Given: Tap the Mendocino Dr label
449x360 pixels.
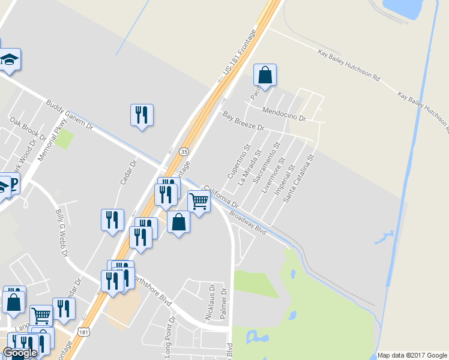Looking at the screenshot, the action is tap(285, 113).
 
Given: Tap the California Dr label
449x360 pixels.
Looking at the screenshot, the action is tap(221, 196).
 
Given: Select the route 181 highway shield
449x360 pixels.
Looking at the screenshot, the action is tap(84, 332).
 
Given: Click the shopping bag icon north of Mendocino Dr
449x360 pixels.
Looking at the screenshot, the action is tap(265, 76).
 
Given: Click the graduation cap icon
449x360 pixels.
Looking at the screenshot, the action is tap(10, 59).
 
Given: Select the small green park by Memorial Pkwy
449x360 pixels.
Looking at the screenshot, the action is tap(64, 140).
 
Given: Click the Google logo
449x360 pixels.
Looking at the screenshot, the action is tap(20, 352).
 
